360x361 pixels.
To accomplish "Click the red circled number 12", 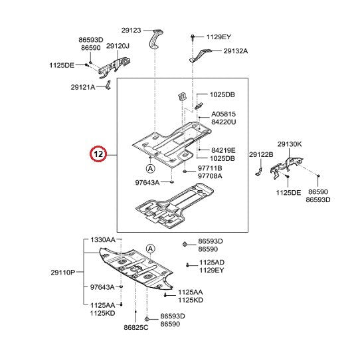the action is (x=98, y=154).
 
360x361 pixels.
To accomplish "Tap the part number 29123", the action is (x=131, y=30).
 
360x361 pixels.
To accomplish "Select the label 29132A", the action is (x=236, y=51).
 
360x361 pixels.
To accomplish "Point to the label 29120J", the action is (x=118, y=46).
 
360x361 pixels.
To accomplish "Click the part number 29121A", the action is (x=83, y=87).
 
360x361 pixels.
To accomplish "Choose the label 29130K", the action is (x=290, y=144).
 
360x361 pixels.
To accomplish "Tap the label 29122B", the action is (x=261, y=154).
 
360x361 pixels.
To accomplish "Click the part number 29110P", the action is (x=63, y=273).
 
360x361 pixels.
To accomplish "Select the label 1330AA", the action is (x=103, y=239).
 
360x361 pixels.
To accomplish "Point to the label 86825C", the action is (x=136, y=327).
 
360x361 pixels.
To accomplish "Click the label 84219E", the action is (x=223, y=150).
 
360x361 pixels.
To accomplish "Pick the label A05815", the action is (x=224, y=114).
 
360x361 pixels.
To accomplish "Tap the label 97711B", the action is (x=210, y=168).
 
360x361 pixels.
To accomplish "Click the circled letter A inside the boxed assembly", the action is (x=150, y=168).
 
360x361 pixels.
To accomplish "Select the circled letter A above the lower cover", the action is (x=150, y=249).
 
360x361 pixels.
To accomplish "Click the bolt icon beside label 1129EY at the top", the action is (x=193, y=37).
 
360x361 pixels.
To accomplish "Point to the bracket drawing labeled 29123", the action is (x=155, y=39).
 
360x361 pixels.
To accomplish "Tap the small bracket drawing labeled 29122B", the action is (x=258, y=172).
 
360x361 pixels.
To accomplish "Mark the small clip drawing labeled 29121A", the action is (x=108, y=84).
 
